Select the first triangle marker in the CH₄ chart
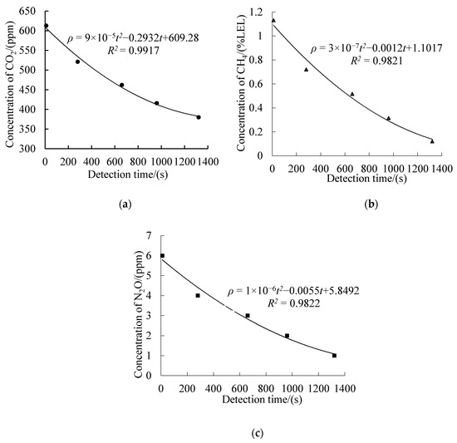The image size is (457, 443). [x=273, y=20]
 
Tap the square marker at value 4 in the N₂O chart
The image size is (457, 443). [x=198, y=295]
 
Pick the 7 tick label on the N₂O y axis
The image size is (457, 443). [x=151, y=235]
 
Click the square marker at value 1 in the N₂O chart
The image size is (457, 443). [x=334, y=355]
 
